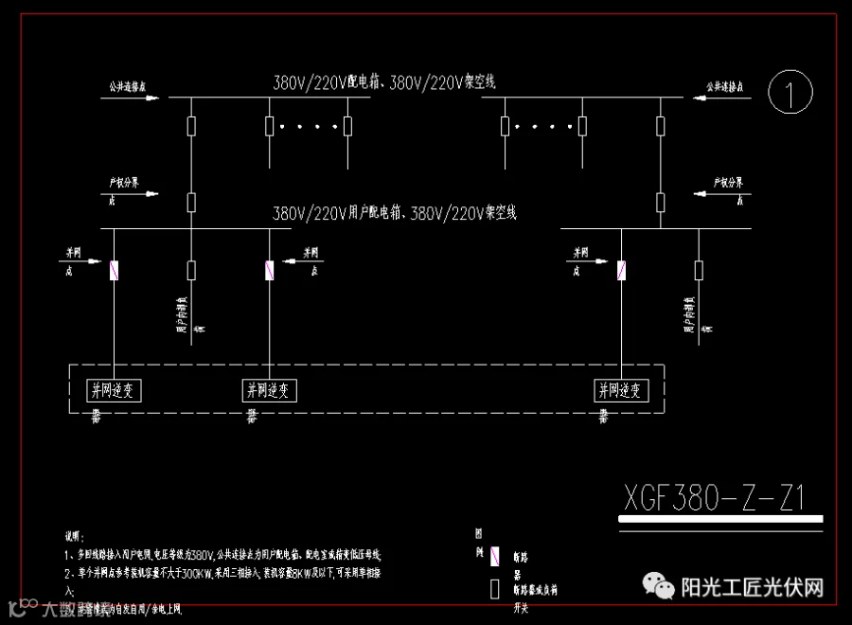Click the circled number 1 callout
coord(791,92)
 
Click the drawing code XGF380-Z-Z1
coord(714,496)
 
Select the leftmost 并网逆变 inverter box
coord(115,389)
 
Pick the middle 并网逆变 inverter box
coord(271,389)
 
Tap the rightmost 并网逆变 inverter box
coord(621,389)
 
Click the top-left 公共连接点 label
coord(127,86)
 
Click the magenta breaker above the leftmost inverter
coord(115,271)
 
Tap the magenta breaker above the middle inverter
coord(270,271)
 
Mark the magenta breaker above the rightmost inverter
coord(621,271)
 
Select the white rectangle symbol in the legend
coord(494,588)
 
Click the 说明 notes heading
coord(75,537)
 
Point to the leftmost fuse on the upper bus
coord(192,126)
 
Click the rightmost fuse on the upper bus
coord(661,126)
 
